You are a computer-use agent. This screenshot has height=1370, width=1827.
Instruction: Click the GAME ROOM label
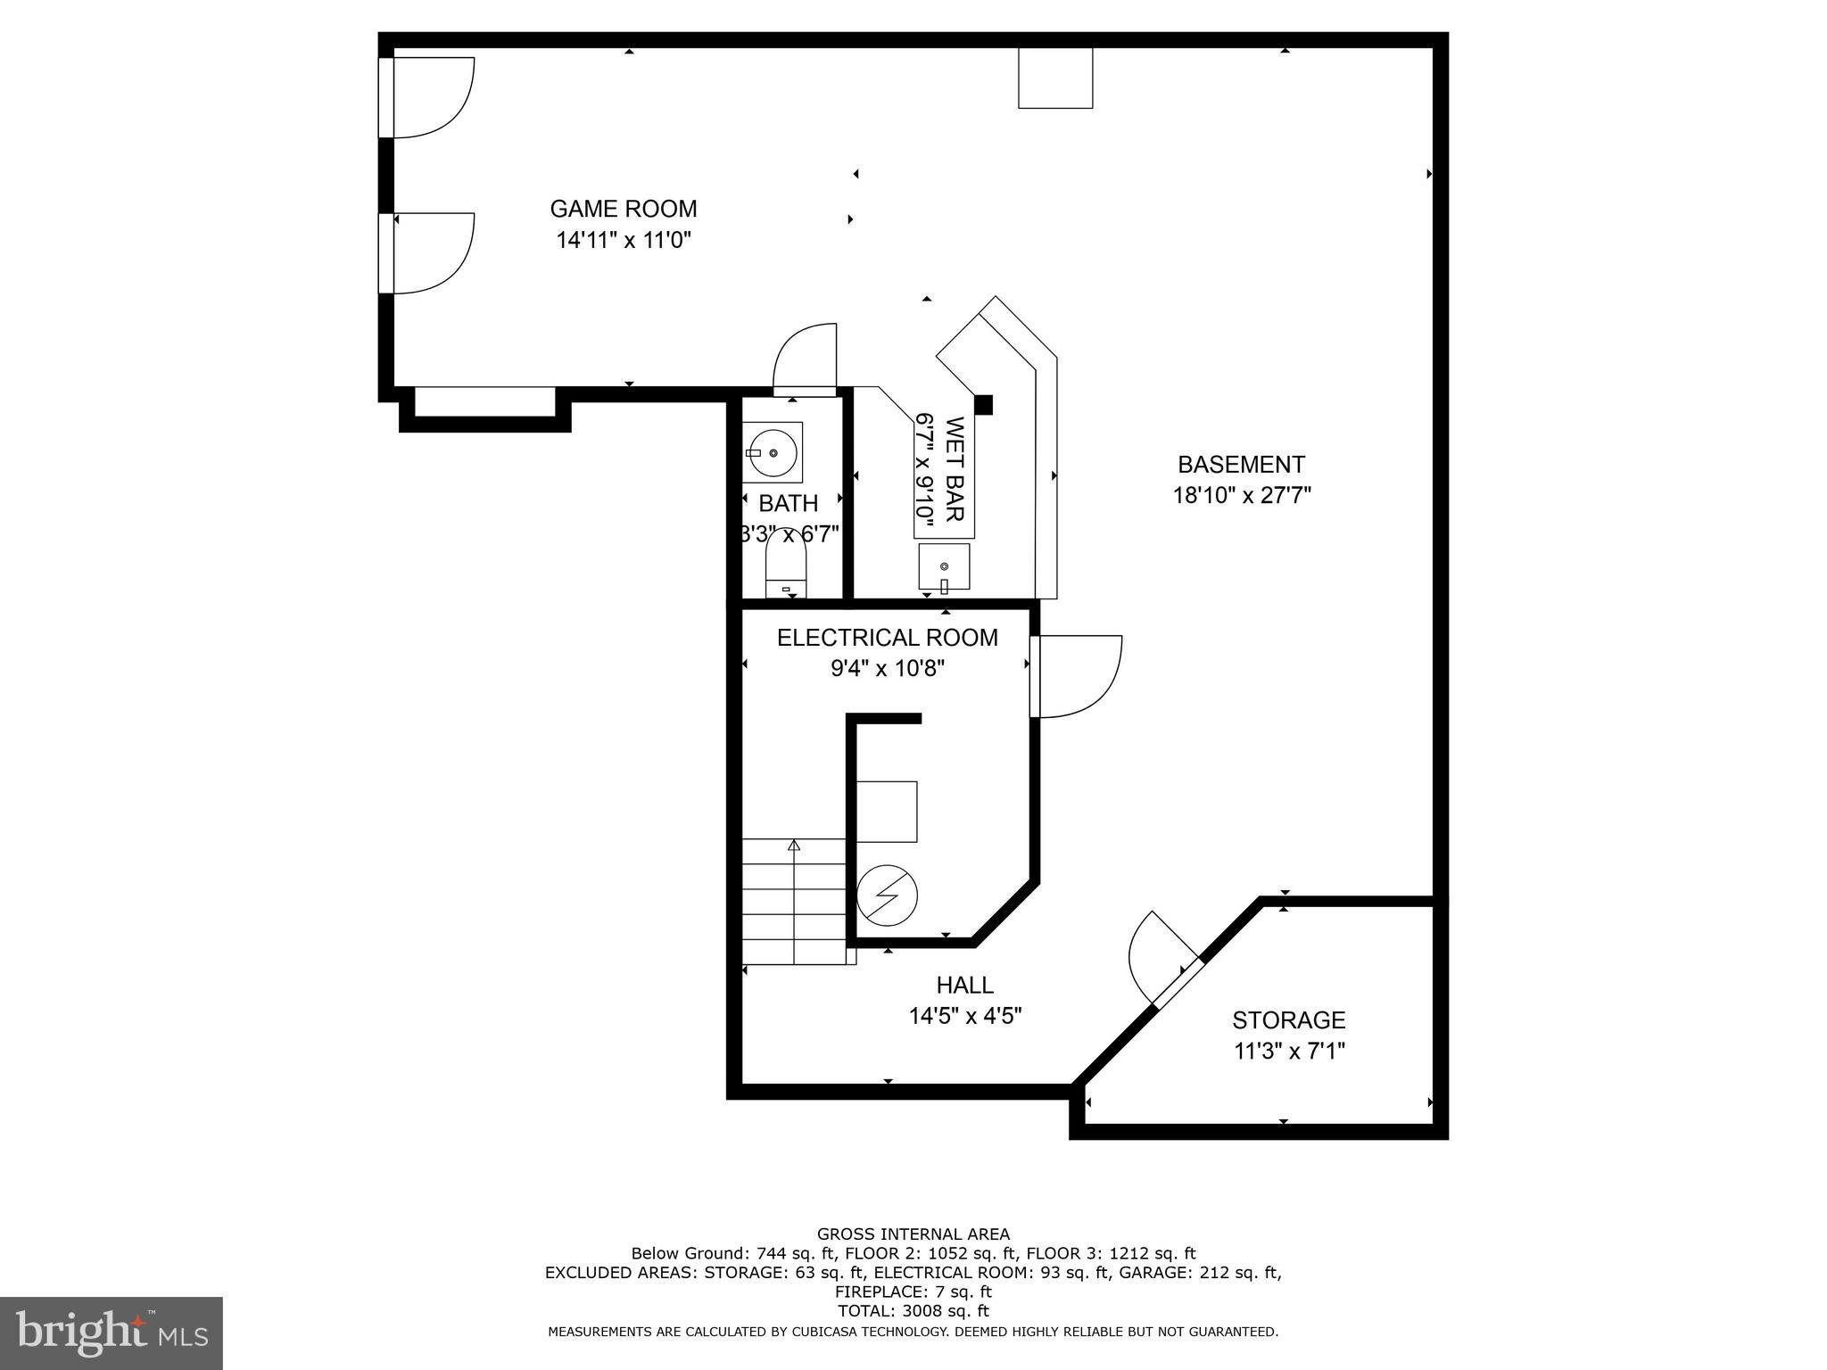click(x=623, y=209)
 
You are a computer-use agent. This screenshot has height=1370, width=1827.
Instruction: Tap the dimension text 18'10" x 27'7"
click(x=1241, y=495)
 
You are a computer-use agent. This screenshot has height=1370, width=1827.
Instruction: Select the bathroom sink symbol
click(x=773, y=452)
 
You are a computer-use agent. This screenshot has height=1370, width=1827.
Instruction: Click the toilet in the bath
click(x=786, y=571)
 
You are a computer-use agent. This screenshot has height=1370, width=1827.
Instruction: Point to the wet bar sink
click(x=944, y=566)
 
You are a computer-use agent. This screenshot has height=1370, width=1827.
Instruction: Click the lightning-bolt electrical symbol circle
click(x=887, y=895)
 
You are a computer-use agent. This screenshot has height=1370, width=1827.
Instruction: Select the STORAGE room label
click(x=1288, y=1019)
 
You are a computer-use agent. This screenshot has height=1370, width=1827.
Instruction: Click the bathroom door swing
click(x=806, y=359)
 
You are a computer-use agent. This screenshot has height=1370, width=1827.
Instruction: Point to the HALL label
click(x=964, y=985)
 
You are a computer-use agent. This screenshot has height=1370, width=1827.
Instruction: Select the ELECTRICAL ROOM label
click(x=887, y=638)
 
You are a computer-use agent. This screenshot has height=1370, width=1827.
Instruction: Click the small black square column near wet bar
click(x=983, y=405)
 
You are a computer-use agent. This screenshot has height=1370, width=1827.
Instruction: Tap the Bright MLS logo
click(x=111, y=1333)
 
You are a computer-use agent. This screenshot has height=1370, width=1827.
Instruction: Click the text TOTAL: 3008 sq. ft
click(x=913, y=1311)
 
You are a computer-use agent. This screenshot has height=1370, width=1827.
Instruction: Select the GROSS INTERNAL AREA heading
click(x=913, y=1234)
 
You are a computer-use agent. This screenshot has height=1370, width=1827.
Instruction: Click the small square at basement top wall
click(x=1055, y=78)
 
